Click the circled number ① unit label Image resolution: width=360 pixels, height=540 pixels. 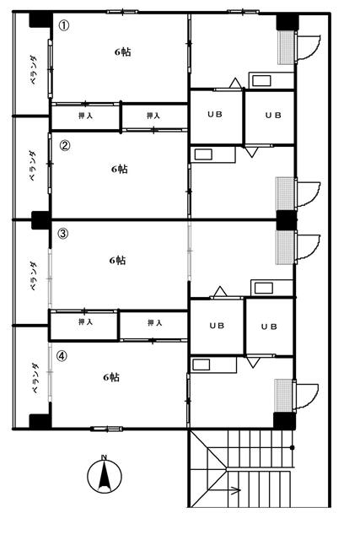pyautogui.click(x=64, y=25)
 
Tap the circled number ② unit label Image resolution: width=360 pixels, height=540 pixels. pyautogui.click(x=65, y=146)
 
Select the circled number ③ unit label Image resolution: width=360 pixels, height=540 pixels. pyautogui.click(x=62, y=234)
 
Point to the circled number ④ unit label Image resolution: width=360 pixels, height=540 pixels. pyautogui.click(x=62, y=356)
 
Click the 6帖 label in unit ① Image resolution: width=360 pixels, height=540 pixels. pyautogui.click(x=122, y=52)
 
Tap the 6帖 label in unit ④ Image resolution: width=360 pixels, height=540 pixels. pyautogui.click(x=111, y=377)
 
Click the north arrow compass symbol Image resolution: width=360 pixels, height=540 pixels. pyautogui.click(x=105, y=476)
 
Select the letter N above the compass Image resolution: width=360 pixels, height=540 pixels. pyautogui.click(x=104, y=457)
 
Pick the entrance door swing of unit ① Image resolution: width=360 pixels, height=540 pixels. pyautogui.click(x=309, y=47)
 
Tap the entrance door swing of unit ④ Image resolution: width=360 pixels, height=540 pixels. pyautogui.click(x=307, y=397)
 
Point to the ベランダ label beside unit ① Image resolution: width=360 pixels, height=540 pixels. pyautogui.click(x=34, y=70)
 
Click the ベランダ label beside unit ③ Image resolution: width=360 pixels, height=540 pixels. pyautogui.click(x=34, y=277)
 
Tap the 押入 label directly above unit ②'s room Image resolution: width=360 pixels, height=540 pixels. pyautogui.click(x=153, y=116)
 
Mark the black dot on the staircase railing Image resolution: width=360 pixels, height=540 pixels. pyautogui.click(x=293, y=448)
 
